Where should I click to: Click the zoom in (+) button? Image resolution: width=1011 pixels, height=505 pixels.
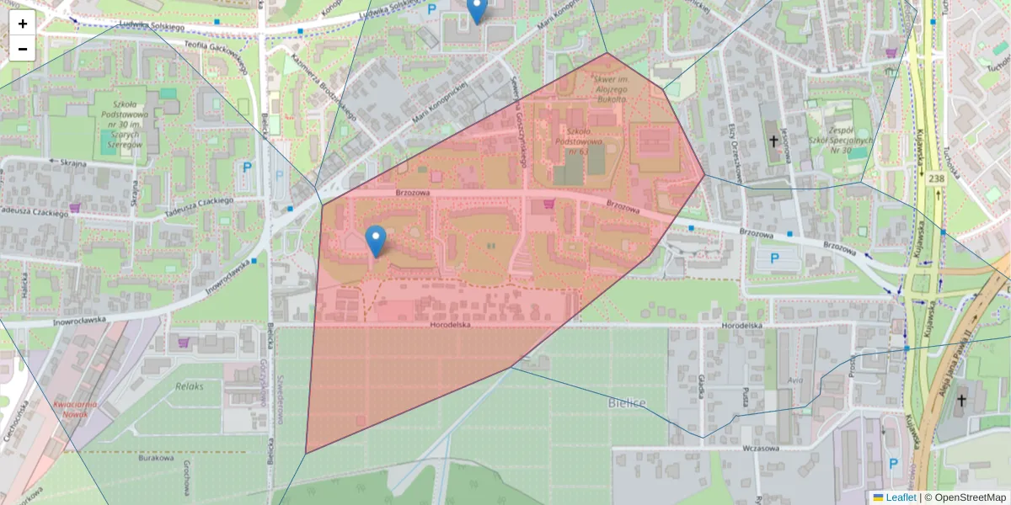(23, 24)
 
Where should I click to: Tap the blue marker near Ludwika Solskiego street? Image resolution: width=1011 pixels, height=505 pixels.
(477, 10)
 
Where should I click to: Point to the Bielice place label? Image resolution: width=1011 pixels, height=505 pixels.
(627, 403)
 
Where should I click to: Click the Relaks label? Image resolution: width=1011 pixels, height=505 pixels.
(190, 386)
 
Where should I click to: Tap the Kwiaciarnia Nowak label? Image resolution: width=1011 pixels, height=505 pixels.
(74, 409)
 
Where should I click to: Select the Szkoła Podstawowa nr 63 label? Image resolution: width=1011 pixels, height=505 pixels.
(577, 141)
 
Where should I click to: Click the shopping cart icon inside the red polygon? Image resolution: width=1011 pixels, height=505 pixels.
(549, 203)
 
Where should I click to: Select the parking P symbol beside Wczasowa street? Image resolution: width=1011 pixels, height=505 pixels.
(893, 463)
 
